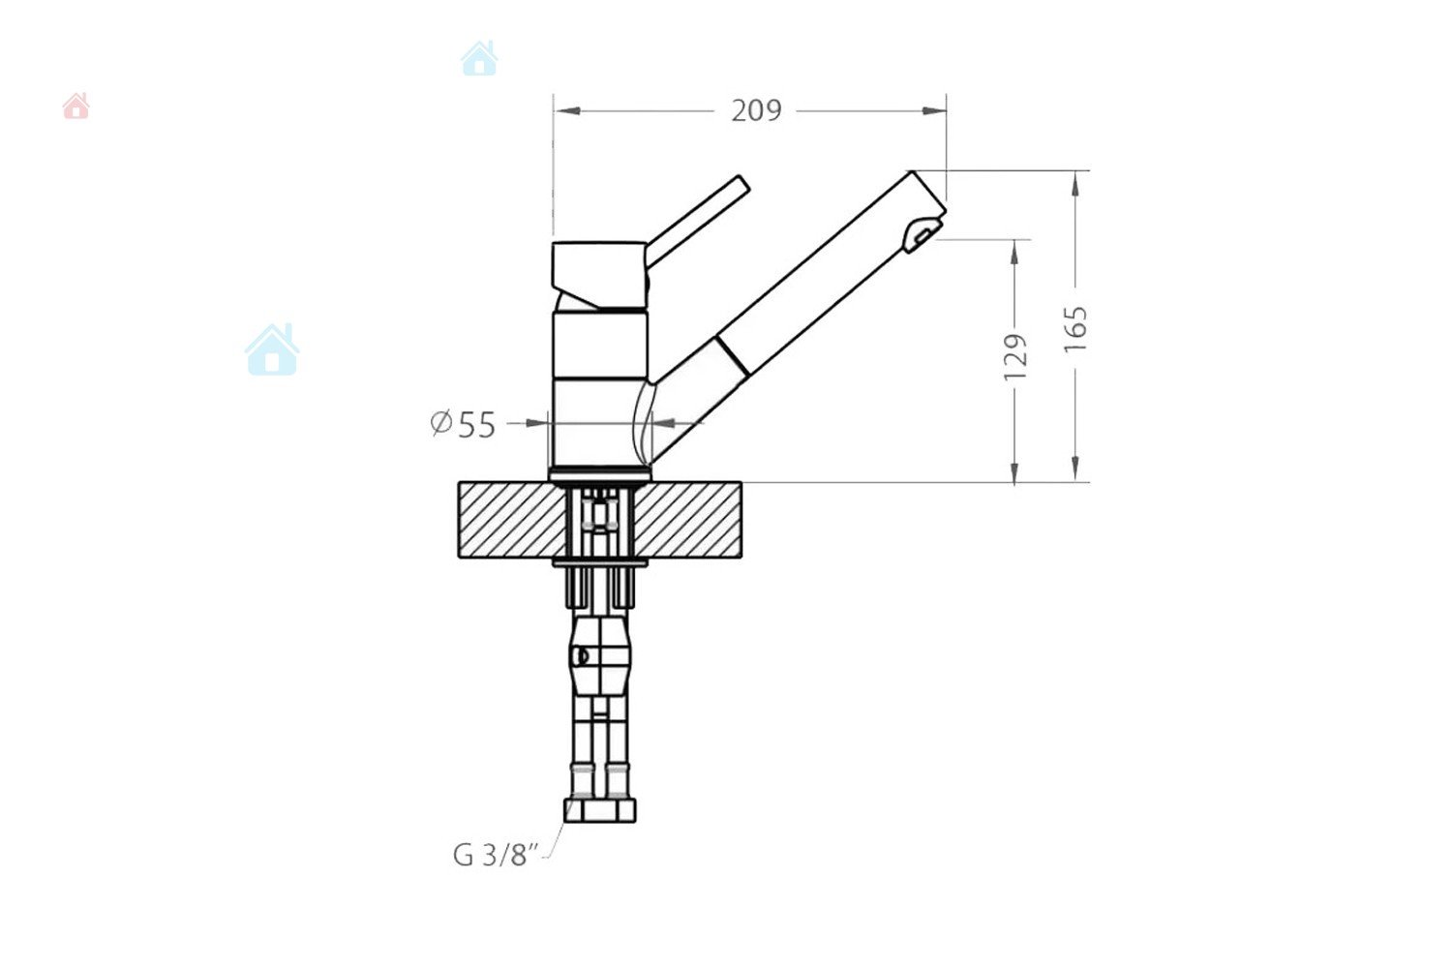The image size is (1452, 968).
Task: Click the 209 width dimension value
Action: [x=756, y=111]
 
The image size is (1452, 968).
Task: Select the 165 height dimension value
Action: [x=1075, y=329]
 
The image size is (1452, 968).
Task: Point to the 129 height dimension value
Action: [x=1015, y=357]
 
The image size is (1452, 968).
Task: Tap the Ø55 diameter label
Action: [x=463, y=425]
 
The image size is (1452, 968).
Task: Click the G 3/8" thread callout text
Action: [x=497, y=855]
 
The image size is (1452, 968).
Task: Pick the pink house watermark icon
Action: [x=76, y=106]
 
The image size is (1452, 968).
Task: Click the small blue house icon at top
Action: [x=480, y=58]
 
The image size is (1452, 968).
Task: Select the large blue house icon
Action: [x=272, y=349]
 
